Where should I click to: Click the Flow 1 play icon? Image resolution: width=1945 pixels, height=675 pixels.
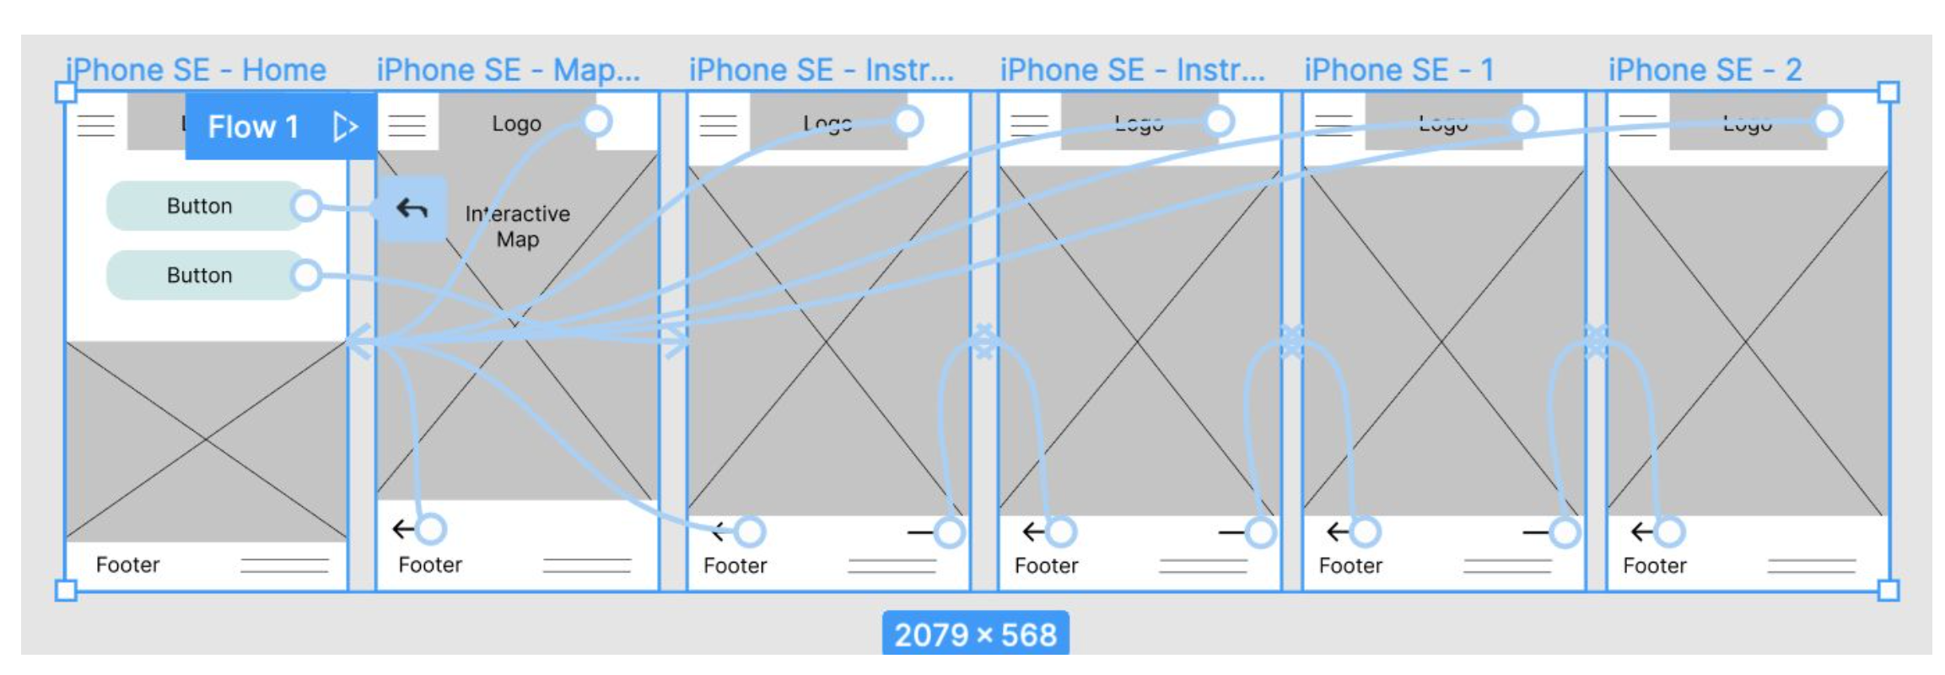(x=345, y=127)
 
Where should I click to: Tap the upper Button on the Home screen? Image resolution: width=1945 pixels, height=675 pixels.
(x=200, y=206)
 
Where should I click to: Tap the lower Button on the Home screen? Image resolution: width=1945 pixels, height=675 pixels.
(x=200, y=275)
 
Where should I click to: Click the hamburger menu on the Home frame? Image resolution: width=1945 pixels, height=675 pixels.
(x=95, y=125)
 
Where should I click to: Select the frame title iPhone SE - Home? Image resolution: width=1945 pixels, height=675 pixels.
(x=196, y=70)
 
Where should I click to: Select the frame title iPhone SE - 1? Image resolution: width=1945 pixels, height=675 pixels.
(x=1398, y=70)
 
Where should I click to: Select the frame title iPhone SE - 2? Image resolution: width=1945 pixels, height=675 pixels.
(x=1705, y=70)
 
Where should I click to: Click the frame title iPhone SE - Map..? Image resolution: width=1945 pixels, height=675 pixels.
(x=508, y=70)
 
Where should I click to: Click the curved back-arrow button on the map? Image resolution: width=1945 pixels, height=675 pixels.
(x=412, y=208)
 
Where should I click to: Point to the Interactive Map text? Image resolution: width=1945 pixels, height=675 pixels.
(x=517, y=226)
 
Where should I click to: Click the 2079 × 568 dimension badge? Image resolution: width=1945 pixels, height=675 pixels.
(x=975, y=634)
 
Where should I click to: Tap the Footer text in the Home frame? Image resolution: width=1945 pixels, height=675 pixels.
(x=127, y=564)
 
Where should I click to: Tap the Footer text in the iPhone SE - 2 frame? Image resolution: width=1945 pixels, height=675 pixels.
(x=1654, y=565)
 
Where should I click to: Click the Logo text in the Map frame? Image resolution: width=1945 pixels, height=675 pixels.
(x=516, y=124)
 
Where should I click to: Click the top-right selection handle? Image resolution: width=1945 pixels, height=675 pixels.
(x=1888, y=92)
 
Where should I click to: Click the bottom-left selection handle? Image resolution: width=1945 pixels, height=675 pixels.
(x=66, y=590)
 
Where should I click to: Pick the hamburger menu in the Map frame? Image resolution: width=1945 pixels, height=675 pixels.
(x=407, y=125)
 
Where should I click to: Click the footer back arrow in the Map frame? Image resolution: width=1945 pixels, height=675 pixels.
(x=404, y=529)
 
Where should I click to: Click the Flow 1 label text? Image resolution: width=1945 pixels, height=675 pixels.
(x=253, y=127)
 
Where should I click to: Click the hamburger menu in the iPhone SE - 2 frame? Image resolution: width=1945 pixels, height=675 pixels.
(x=1637, y=125)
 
